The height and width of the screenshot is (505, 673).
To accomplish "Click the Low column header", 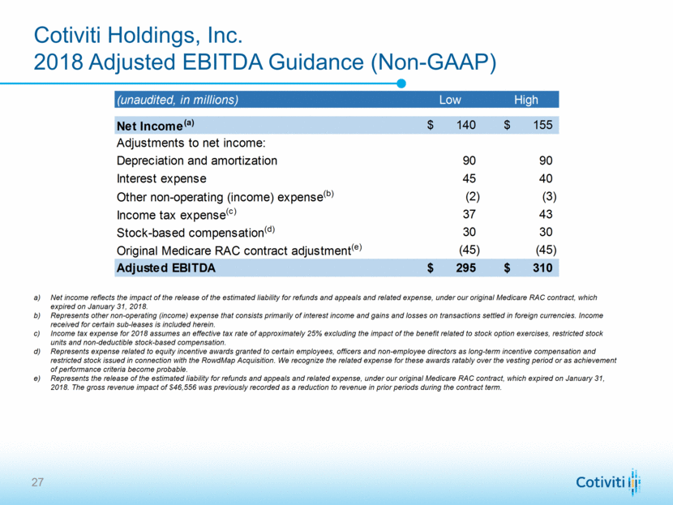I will click(x=450, y=100).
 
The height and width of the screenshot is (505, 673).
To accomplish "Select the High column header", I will click(x=525, y=100).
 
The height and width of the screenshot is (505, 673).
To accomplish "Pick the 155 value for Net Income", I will click(x=543, y=125).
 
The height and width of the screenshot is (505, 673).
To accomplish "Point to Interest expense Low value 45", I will click(x=468, y=178).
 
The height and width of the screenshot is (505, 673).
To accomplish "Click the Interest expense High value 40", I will click(x=546, y=178).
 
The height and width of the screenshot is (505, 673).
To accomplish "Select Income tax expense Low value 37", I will click(x=468, y=214).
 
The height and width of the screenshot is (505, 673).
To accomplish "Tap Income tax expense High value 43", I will click(x=546, y=214).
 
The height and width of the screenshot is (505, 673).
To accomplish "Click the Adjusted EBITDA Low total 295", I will click(x=465, y=267).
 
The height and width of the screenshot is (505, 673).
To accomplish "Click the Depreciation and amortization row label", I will click(x=197, y=160).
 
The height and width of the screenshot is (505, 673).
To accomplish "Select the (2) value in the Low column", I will click(x=473, y=196).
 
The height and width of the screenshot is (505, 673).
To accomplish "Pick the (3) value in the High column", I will click(x=549, y=196).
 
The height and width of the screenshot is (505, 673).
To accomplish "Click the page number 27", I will click(x=38, y=483).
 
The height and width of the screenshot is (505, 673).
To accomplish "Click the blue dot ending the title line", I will click(x=401, y=83).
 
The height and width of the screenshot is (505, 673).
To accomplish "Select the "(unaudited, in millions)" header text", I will click(x=178, y=100).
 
